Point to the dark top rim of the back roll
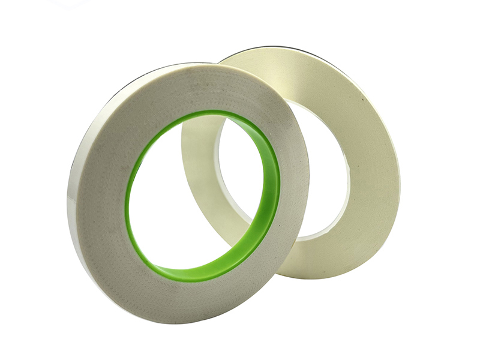(x=282, y=47)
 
